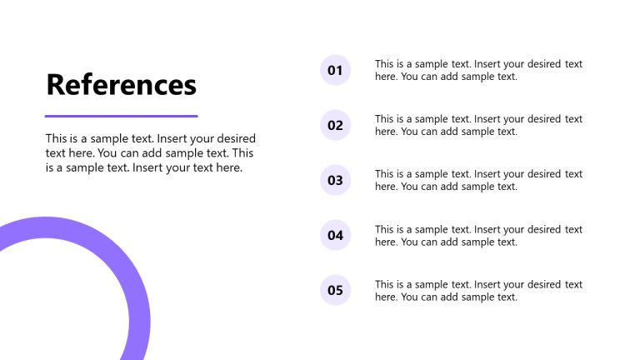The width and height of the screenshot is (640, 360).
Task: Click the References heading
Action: [121, 85]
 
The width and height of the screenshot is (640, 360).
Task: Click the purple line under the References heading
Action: [121, 116]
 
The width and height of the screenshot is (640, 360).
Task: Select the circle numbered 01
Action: [335, 70]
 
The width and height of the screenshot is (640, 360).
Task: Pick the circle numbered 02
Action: [335, 125]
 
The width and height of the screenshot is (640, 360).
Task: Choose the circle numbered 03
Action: [335, 180]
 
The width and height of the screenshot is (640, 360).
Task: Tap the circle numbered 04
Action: [335, 235]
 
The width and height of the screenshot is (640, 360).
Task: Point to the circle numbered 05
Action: [335, 290]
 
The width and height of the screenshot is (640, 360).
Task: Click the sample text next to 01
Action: [478, 70]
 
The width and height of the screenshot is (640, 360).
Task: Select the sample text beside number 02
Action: [478, 125]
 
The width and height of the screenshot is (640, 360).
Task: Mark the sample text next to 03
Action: [478, 180]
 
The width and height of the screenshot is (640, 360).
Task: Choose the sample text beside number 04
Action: [478, 235]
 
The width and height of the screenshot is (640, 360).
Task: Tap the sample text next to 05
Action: [478, 290]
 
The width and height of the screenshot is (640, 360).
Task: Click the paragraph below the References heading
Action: [150, 152]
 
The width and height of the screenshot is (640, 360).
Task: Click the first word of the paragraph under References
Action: [57, 138]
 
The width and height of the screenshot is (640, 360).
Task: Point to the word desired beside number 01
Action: [540, 64]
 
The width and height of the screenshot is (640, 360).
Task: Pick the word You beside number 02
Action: [410, 132]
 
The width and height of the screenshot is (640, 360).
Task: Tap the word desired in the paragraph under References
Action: [236, 138]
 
